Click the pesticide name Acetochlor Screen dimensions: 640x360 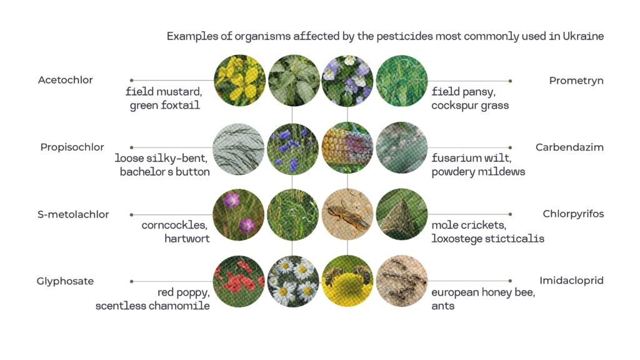65,80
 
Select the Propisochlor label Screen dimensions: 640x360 72,147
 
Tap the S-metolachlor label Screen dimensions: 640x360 73,214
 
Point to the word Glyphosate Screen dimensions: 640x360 65,281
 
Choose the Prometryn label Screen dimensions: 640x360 576,81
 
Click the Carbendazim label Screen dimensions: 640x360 569,147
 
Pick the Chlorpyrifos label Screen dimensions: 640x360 573,214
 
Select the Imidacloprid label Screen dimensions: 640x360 571,281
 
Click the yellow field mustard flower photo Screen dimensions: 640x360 239,81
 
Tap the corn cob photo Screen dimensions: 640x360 347,147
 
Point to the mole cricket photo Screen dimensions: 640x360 347,214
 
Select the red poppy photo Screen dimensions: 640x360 239,281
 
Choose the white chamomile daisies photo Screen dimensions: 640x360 293,281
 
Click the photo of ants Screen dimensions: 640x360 402,281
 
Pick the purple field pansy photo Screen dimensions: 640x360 347,81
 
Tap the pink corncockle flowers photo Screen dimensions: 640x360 239,215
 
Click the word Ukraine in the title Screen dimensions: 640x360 583,36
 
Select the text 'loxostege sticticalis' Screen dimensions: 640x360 487,239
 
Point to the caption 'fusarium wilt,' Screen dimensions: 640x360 471,158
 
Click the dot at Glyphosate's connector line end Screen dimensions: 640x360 131,281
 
